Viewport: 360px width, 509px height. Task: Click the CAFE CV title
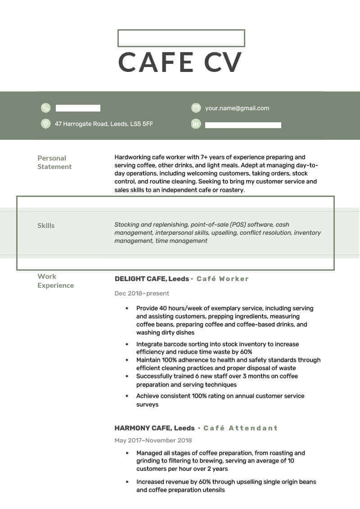point(180,62)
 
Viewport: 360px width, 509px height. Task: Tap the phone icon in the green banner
point(46,108)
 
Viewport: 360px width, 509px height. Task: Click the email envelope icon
point(196,108)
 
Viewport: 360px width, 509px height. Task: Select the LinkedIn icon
point(196,124)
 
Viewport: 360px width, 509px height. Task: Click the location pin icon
point(46,124)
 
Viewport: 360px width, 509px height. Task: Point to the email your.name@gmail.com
point(237,108)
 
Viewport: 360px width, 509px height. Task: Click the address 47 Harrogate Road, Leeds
point(104,124)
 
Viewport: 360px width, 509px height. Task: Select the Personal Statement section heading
point(54,162)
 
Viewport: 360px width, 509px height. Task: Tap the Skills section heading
point(46,226)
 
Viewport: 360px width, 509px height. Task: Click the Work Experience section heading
point(55,281)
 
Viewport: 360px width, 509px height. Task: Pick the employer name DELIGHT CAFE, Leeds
point(152,279)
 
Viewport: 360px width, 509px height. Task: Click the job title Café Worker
point(223,279)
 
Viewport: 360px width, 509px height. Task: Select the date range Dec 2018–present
point(142,294)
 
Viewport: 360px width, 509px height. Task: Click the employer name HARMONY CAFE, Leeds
point(154,428)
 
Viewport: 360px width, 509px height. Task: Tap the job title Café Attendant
point(240,428)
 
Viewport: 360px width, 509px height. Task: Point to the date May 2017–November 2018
point(153,441)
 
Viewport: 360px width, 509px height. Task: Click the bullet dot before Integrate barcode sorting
point(127,344)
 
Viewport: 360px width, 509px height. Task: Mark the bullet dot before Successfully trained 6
point(127,376)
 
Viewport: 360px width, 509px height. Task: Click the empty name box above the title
point(181,38)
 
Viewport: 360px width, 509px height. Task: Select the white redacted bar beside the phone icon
point(78,108)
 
